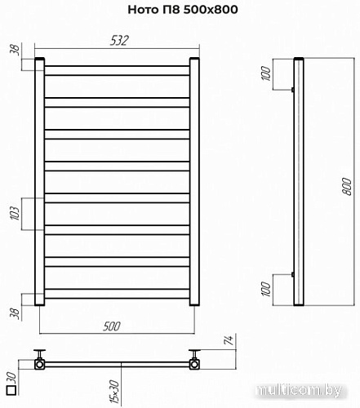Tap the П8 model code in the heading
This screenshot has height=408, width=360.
click(x=170, y=10)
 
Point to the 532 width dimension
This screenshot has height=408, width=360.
click(x=117, y=40)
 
